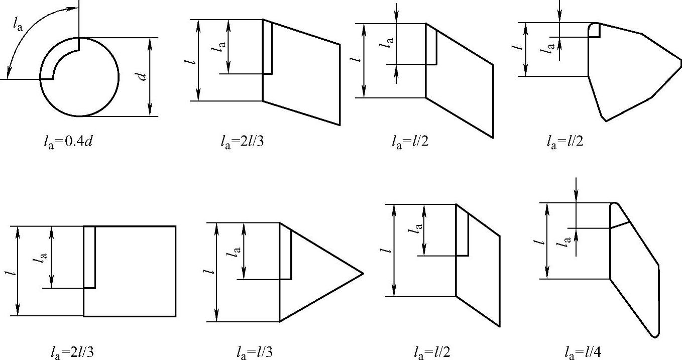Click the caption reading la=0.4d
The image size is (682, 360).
68,142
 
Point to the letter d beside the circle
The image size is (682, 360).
143,76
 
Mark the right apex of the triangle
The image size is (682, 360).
363,274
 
